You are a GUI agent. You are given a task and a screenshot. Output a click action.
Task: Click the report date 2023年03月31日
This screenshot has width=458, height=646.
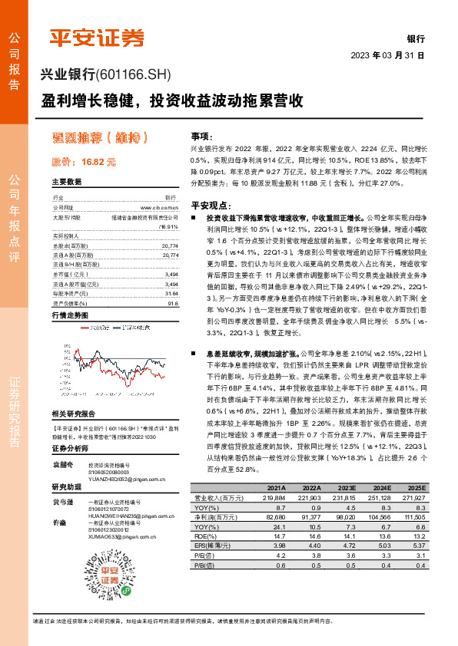[x=387, y=56]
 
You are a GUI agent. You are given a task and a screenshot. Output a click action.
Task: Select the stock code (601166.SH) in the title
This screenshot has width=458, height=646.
[x=133, y=75]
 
